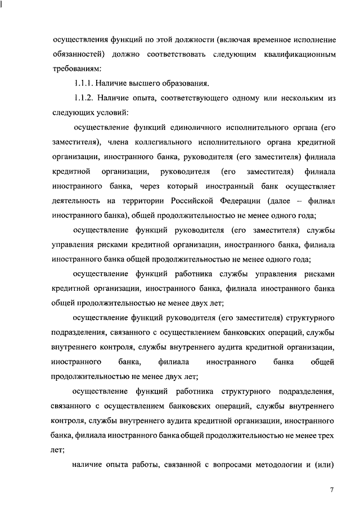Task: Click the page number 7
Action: (332, 491)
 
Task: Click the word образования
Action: (188, 84)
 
